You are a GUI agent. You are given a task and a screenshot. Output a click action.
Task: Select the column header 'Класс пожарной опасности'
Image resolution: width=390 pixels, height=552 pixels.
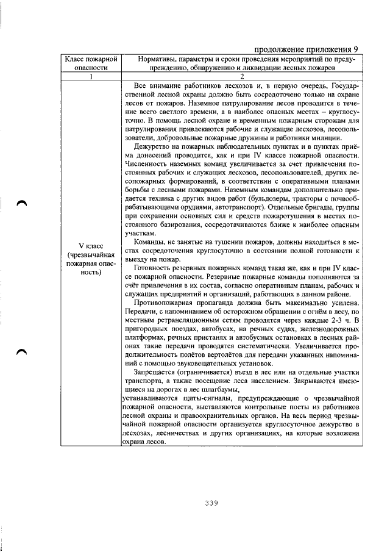point(90,64)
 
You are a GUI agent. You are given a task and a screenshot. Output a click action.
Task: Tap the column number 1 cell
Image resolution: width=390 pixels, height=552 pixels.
point(90,76)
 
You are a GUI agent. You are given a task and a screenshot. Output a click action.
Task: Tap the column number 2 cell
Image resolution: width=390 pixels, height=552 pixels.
point(241,76)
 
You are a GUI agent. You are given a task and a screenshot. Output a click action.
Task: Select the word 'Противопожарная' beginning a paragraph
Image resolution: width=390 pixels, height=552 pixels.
point(165,303)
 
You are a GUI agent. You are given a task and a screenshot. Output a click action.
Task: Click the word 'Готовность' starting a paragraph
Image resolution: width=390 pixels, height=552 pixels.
point(154,270)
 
